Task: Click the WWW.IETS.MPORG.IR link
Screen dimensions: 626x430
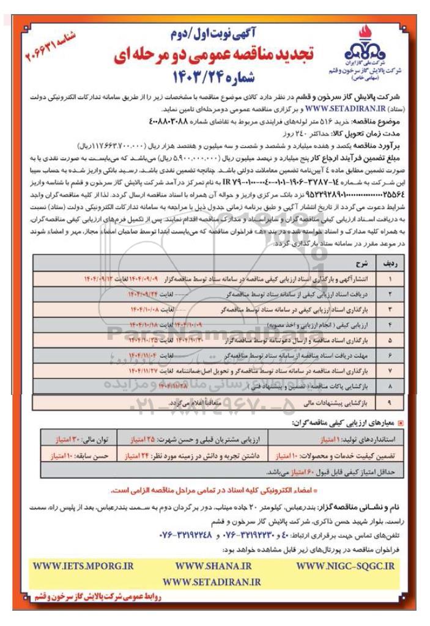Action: click(x=82, y=567)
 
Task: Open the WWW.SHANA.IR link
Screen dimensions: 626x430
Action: click(x=213, y=567)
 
